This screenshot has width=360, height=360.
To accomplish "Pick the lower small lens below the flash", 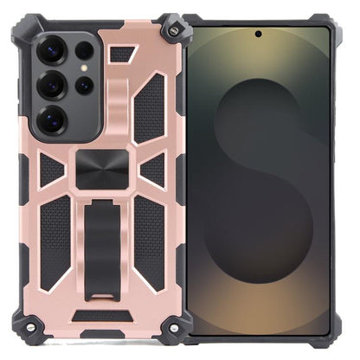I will tap(85, 85).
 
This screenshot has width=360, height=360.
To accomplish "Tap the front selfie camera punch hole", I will tap(258, 35).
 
